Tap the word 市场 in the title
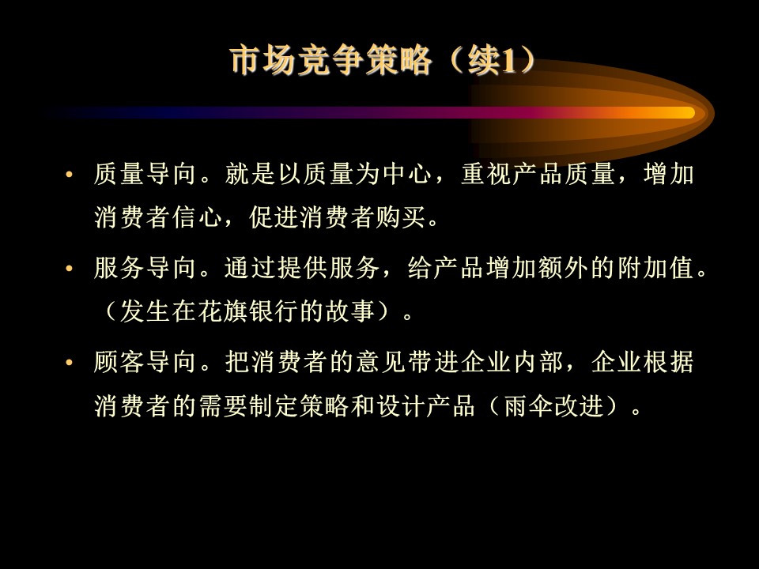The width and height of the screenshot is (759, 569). click(x=262, y=61)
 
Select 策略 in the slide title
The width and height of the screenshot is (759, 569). click(x=398, y=61)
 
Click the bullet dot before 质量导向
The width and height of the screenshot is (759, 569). click(x=69, y=174)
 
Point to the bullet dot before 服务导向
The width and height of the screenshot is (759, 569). click(x=69, y=268)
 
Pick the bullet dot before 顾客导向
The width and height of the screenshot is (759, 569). click(x=69, y=362)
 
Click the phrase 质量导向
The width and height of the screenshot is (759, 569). click(x=145, y=174)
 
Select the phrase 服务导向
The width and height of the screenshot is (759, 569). click(x=145, y=268)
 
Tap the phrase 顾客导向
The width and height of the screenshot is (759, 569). click(x=145, y=362)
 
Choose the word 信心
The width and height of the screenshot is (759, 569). click(x=197, y=217)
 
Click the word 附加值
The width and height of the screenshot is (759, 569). click(x=656, y=268)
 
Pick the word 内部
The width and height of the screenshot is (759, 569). click(x=538, y=362)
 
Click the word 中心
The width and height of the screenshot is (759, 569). click(x=407, y=174)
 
